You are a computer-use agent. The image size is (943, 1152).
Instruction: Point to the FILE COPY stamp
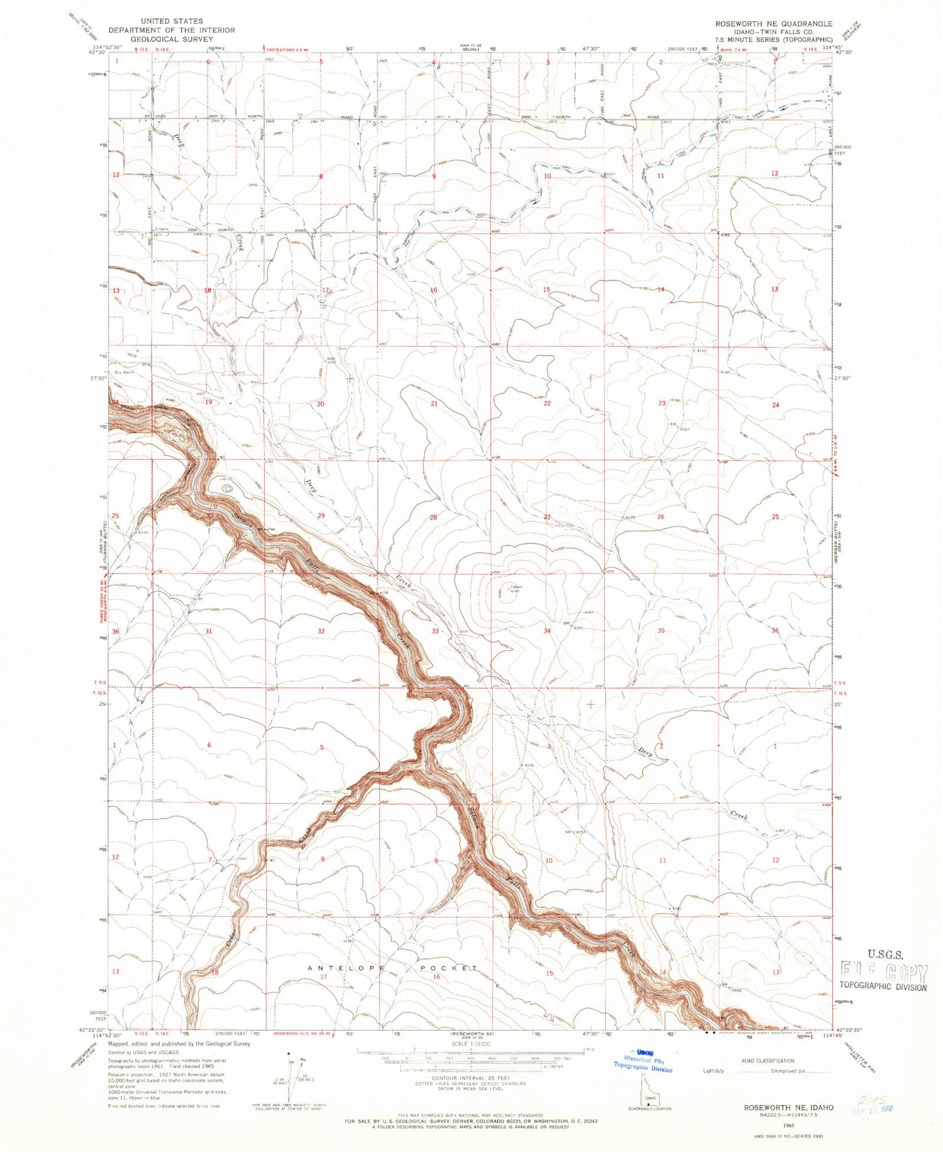click(884, 973)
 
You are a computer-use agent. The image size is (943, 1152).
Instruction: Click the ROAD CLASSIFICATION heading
click(767, 1060)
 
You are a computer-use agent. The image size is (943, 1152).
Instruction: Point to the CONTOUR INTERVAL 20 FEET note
click(470, 1083)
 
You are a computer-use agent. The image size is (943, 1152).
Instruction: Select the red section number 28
click(433, 517)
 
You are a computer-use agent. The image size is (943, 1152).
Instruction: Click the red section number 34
click(547, 630)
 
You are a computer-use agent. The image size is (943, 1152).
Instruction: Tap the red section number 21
click(434, 403)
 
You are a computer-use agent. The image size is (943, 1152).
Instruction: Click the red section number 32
click(321, 631)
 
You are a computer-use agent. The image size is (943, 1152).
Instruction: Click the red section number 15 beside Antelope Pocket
click(549, 973)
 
